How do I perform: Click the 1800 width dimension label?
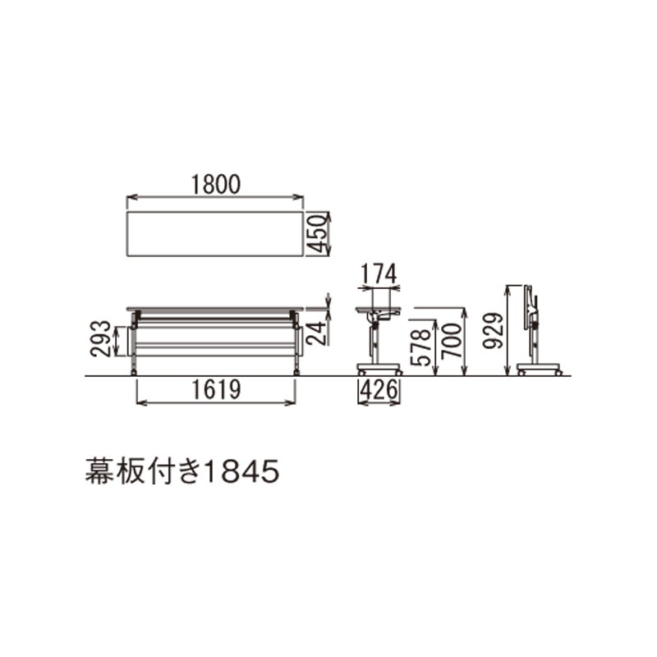(216, 185)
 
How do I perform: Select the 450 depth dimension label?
(316, 233)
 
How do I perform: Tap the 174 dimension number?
(379, 275)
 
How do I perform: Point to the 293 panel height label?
(100, 338)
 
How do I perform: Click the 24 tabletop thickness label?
(316, 333)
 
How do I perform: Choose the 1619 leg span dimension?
(216, 389)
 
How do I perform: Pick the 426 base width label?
(379, 390)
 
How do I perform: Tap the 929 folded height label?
(492, 331)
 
